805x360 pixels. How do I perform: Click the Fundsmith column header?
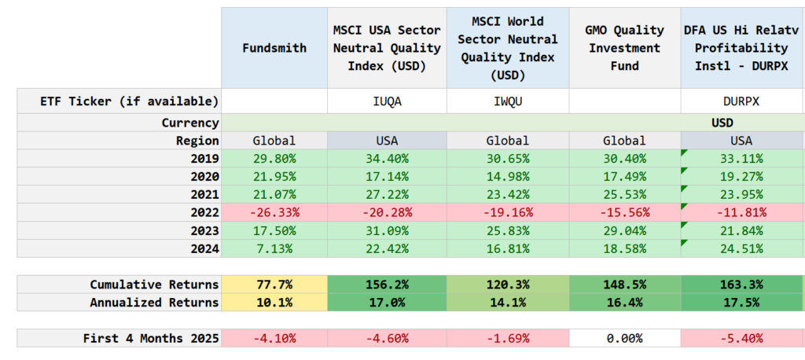click(x=274, y=48)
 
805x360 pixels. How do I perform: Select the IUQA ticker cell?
click(x=386, y=101)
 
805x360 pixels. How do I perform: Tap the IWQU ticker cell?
click(x=506, y=101)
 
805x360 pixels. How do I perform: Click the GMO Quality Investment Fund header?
click(x=623, y=48)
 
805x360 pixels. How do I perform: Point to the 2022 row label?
click(x=204, y=212)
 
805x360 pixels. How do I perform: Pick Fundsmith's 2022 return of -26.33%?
click(x=274, y=212)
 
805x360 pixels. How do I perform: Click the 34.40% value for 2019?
click(x=386, y=159)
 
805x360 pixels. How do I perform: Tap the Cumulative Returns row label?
click(x=154, y=284)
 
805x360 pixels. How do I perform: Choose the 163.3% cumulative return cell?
click(x=741, y=284)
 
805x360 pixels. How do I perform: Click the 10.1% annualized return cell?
click(x=274, y=303)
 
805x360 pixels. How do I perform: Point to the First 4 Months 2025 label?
click(x=151, y=339)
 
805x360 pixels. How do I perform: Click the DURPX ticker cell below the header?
click(x=741, y=101)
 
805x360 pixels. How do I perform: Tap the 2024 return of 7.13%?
click(x=274, y=248)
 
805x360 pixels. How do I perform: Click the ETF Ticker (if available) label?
click(x=129, y=101)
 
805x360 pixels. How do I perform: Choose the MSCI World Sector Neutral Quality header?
click(x=506, y=48)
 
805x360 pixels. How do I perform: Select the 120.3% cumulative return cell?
click(x=506, y=284)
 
